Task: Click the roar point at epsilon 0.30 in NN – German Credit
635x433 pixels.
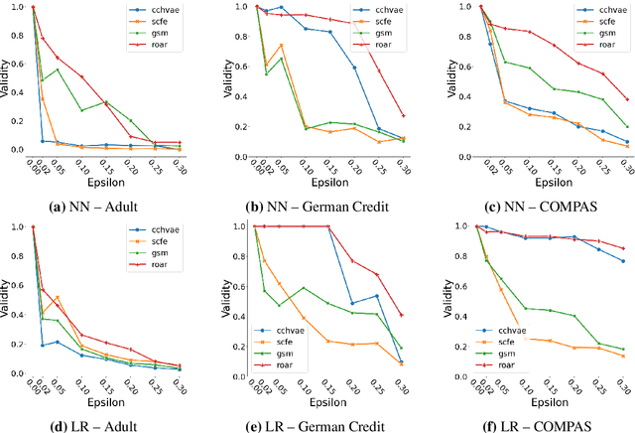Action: point(402,115)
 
